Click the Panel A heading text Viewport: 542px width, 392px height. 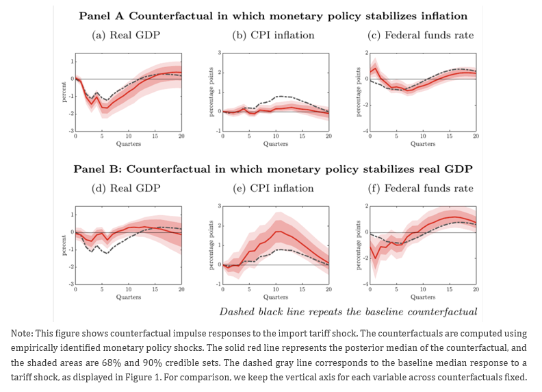tap(272, 15)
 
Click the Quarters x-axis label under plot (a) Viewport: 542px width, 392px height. tap(129, 144)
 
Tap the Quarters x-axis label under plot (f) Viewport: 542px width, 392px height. tap(423, 297)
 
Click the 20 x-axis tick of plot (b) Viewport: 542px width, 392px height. tap(328, 137)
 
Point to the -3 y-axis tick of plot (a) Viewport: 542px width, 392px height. tap(71, 130)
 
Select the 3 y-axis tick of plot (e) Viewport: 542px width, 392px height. tap(219, 206)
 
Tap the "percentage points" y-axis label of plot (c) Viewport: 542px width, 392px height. tap(357, 92)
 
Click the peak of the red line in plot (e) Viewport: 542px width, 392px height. tap(276, 232)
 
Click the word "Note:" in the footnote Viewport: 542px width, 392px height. tap(22, 333)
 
